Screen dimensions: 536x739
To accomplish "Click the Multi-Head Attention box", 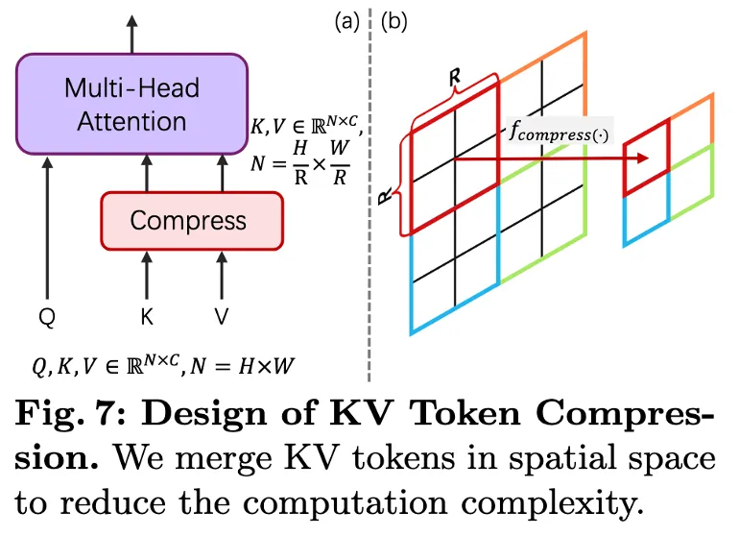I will (132, 105).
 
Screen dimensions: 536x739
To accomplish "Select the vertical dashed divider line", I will (369, 192).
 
